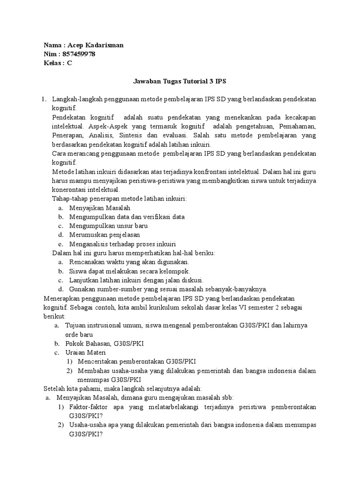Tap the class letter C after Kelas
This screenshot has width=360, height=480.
pos(69,63)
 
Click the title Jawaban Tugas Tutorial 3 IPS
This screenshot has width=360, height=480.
pos(180,82)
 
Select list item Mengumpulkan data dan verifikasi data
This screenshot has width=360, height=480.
pos(127,217)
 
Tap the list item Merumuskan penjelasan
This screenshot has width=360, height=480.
pos(104,235)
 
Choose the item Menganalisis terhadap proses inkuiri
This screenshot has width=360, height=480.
pos(122,244)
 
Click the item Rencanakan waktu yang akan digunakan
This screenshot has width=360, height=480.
pos(129,262)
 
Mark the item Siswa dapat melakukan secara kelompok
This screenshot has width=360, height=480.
pos(129,271)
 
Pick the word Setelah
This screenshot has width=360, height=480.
pos(54,389)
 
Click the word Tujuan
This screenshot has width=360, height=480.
pos(77,325)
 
